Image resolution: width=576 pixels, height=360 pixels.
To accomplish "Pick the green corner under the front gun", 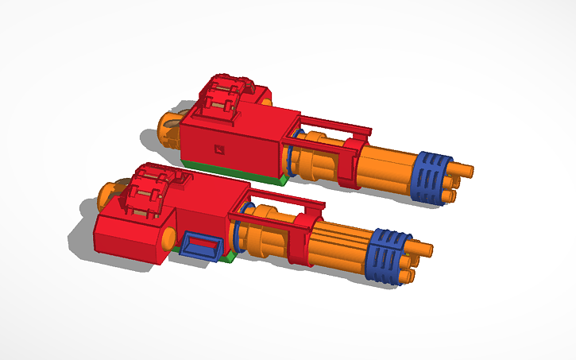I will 228,257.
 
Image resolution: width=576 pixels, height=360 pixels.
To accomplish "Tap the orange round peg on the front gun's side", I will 168,237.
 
